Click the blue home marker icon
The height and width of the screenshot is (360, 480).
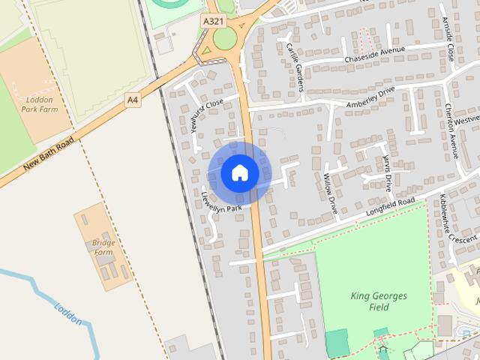coord(240,173)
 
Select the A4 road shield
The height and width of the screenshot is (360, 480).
coord(133,98)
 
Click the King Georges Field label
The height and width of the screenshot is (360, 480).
coord(379,301)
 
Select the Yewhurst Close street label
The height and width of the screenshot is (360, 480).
coord(207,115)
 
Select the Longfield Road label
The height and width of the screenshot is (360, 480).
coord(390,208)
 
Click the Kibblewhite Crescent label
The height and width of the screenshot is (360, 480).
coord(458,219)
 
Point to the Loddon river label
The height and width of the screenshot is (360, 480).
coord(67,313)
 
